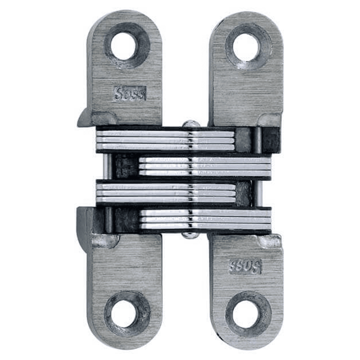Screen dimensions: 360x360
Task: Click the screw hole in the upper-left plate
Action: pyautogui.click(x=123, y=46)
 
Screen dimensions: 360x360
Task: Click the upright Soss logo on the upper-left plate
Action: pyautogui.click(x=130, y=94)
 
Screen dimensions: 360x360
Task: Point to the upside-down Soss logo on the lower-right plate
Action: pyautogui.click(x=245, y=266)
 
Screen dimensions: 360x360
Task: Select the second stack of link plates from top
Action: pyautogui.click(x=205, y=166)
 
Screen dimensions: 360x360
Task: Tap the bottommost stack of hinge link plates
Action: pyautogui.click(x=205, y=220)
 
